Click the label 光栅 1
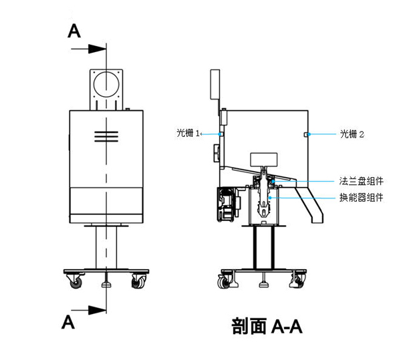[188, 134]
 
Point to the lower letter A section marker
[68, 321]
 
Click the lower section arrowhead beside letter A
[100, 309]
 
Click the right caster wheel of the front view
[138, 283]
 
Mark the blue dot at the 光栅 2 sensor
[307, 134]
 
